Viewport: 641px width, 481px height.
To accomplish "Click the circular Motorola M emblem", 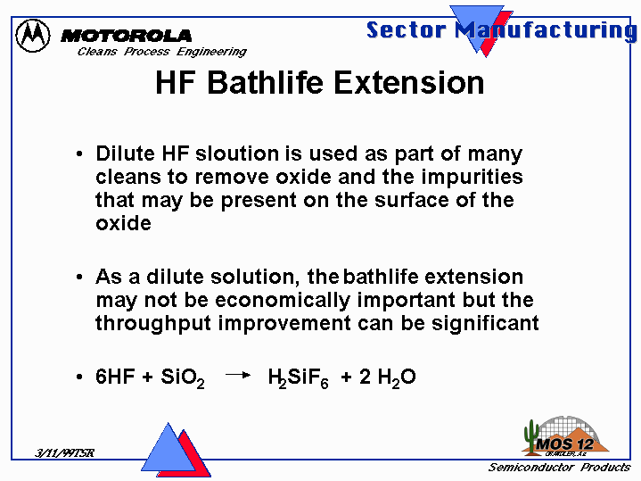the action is click(x=33, y=35).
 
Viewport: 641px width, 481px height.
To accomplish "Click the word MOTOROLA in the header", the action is click(x=127, y=36).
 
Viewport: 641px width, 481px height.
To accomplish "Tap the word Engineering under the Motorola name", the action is click(x=211, y=52).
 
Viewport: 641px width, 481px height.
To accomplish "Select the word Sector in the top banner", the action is click(x=406, y=29).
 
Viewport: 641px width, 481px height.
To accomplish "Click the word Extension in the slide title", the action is click(x=409, y=83).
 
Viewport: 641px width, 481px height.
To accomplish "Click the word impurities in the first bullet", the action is click(x=473, y=178).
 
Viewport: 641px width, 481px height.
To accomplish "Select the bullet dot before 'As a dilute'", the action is click(x=79, y=278).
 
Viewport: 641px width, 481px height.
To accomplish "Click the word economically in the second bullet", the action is click(x=283, y=301).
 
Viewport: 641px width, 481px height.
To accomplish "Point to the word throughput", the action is click(x=153, y=324).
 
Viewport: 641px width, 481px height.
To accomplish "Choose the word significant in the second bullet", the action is click(x=485, y=324).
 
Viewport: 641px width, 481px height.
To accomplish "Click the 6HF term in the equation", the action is click(x=115, y=377).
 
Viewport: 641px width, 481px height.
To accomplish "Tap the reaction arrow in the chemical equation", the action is click(x=238, y=375).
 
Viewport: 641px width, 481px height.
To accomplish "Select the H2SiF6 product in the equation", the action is click(x=298, y=377).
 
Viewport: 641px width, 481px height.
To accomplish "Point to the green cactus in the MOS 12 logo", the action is click(x=531, y=436).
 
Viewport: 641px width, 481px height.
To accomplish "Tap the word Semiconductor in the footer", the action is click(x=531, y=468).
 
